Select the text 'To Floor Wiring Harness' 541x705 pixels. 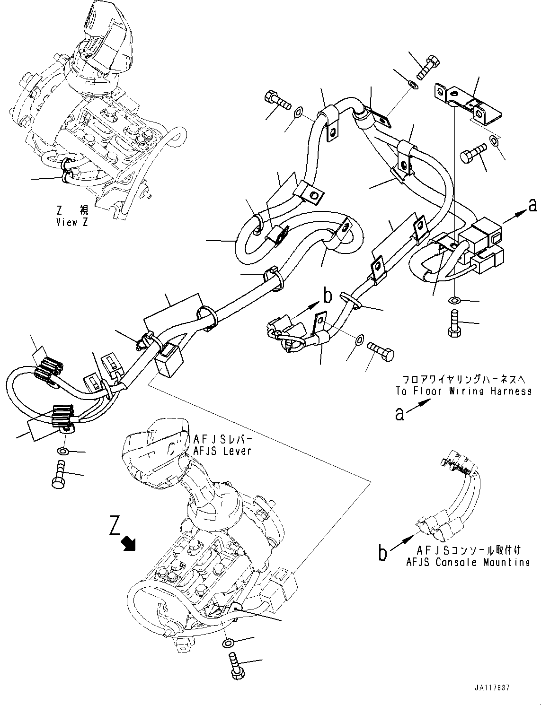point(463,391)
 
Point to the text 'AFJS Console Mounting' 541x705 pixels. point(468,562)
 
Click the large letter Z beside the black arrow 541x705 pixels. point(115,526)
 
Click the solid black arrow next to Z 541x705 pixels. point(129,544)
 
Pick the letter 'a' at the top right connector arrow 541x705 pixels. point(532,205)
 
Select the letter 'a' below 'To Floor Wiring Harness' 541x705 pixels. point(400,414)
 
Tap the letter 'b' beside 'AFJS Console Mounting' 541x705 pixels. point(383,553)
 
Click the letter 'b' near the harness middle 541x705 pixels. point(327,296)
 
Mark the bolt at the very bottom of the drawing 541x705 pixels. point(234,666)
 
